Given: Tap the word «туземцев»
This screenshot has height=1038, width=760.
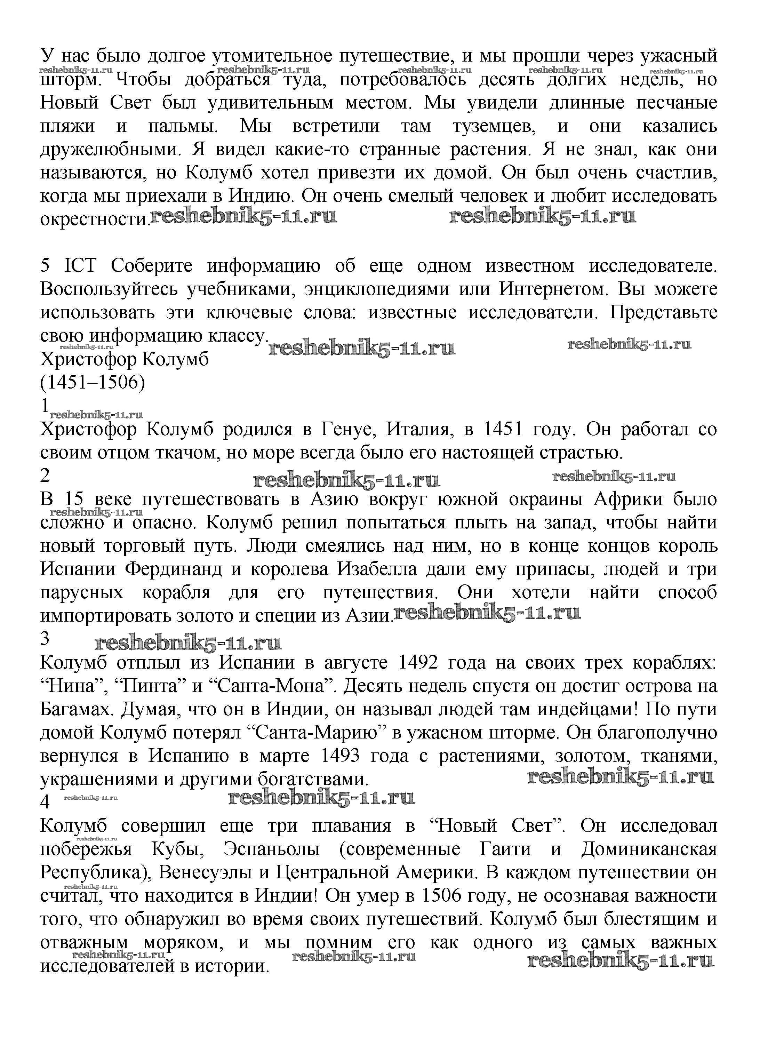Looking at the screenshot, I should coord(494,126).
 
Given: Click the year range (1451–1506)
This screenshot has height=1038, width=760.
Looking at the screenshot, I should coord(93,382).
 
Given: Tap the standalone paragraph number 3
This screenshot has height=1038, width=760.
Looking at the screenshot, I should coord(45,639).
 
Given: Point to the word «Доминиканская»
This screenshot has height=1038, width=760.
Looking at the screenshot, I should coord(649,849).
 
